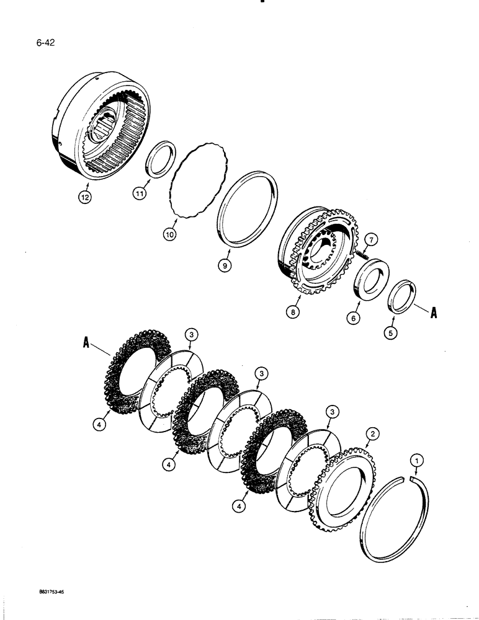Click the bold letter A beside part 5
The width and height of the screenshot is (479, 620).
pos(432,314)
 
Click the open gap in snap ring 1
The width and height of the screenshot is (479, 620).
pos(403,477)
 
